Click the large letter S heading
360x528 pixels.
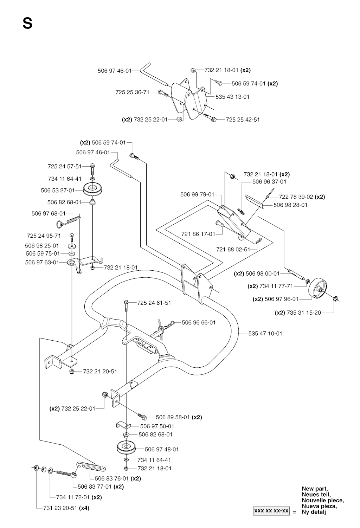point(27,24)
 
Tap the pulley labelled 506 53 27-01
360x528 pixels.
point(94,190)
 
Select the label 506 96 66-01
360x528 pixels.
point(199,322)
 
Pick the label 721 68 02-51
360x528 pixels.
point(233,249)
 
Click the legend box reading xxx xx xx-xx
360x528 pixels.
point(271,510)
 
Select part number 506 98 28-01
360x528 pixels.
point(290,205)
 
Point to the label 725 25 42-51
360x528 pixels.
point(243,120)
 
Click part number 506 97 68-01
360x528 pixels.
point(49,213)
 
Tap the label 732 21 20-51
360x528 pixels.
point(100,371)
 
